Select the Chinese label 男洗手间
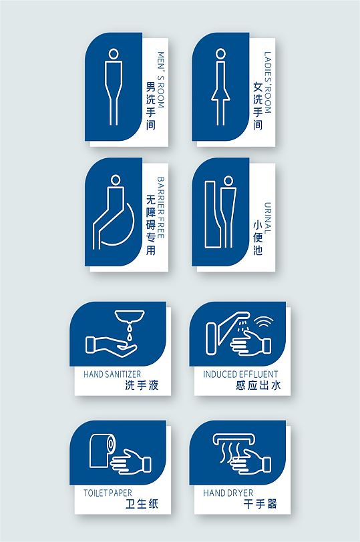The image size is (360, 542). pos(150,105)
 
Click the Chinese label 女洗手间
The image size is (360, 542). pos(257,106)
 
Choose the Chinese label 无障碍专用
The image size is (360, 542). pos(150,226)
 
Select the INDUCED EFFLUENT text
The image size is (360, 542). pos(240,374)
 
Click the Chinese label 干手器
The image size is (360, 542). pos(260,504)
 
